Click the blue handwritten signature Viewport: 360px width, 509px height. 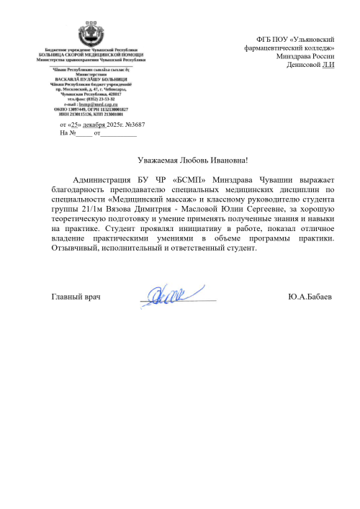coord(164,294)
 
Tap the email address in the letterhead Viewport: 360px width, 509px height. coord(96,104)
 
